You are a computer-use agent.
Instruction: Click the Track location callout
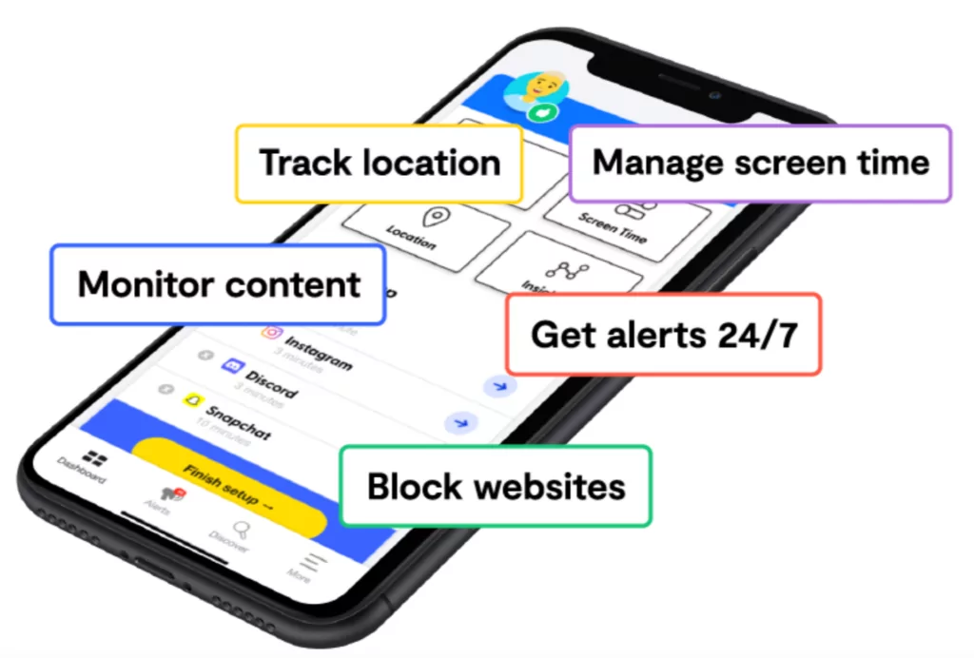[379, 163]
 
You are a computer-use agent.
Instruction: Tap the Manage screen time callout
[760, 163]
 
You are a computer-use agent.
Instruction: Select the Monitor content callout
[219, 284]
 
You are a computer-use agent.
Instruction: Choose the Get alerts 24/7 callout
[663, 334]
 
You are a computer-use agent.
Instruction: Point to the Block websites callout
[496, 487]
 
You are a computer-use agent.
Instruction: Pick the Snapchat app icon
[194, 400]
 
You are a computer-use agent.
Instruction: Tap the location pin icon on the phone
[434, 219]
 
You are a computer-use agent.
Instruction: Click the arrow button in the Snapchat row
[461, 422]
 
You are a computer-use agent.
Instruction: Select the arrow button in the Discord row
[500, 386]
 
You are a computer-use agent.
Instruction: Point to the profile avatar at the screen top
[536, 87]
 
